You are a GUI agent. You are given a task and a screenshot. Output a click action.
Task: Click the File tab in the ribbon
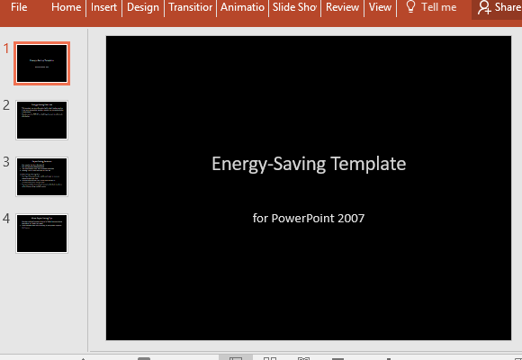click(x=19, y=7)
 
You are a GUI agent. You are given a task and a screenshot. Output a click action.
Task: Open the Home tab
click(x=66, y=7)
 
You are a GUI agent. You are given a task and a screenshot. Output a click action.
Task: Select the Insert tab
click(x=104, y=7)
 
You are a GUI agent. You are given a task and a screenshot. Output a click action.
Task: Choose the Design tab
click(x=143, y=7)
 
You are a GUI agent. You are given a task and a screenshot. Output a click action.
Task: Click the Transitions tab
click(x=190, y=7)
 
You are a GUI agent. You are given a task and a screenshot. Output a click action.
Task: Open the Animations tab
click(x=243, y=7)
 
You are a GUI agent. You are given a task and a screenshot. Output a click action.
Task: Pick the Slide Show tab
click(x=295, y=7)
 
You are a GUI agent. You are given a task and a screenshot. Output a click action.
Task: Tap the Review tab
click(x=342, y=7)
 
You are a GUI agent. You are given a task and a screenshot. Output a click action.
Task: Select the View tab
click(x=380, y=7)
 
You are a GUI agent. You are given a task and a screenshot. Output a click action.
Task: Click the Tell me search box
click(x=438, y=7)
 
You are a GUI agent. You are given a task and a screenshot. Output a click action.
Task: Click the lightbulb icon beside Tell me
click(x=411, y=7)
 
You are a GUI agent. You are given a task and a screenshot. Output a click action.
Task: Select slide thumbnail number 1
click(x=42, y=63)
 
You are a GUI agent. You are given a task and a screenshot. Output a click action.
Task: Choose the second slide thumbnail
click(x=42, y=120)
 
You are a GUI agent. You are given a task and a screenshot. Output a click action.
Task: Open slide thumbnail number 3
click(x=42, y=176)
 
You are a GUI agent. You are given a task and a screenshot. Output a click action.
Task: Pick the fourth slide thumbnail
click(x=42, y=233)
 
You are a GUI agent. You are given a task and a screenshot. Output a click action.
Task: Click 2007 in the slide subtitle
click(x=351, y=218)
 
